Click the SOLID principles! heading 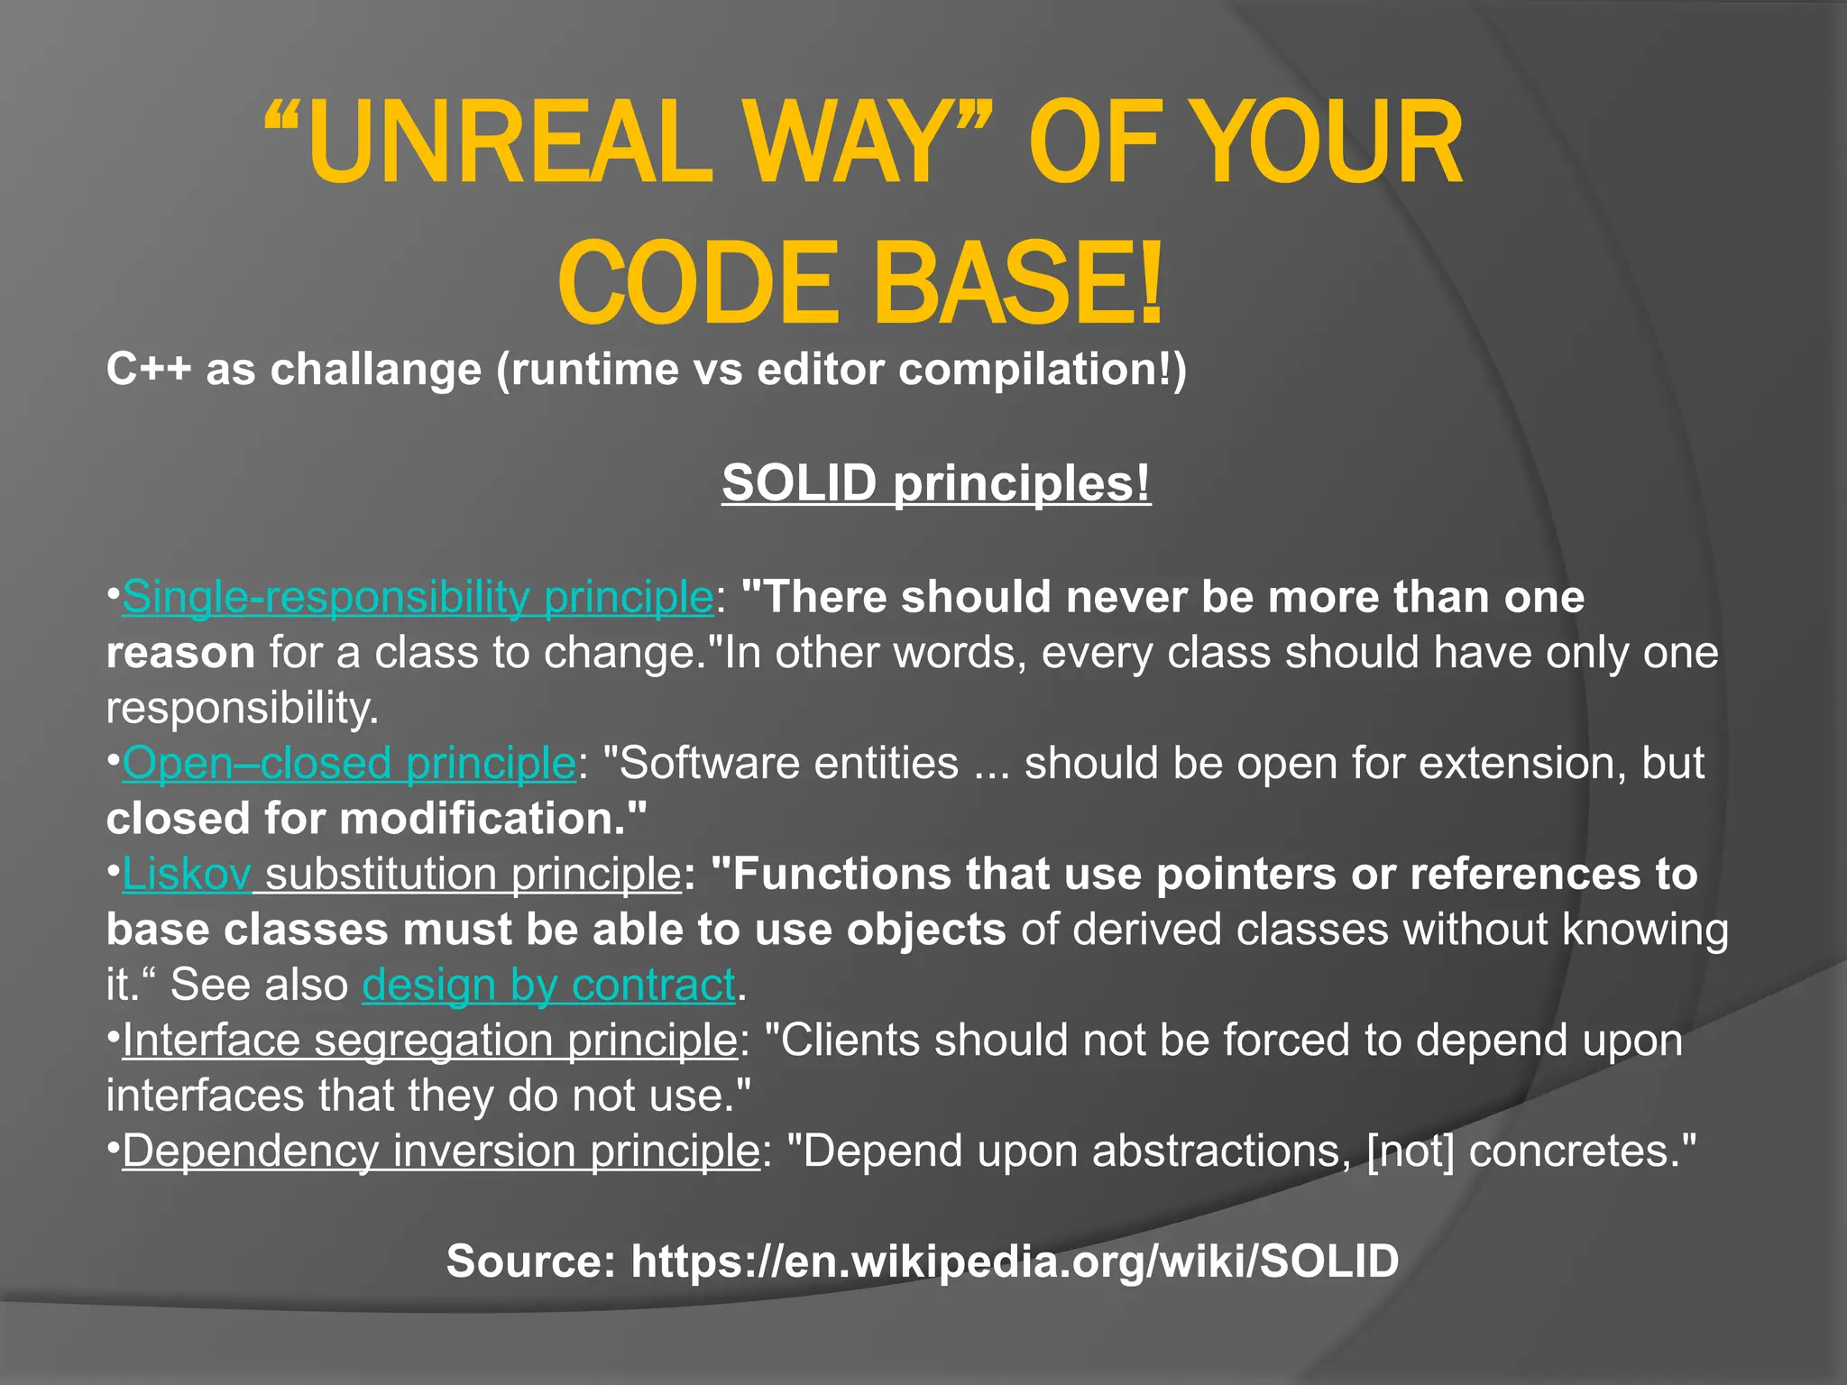(x=936, y=483)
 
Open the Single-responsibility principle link (x=418, y=598)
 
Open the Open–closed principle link (x=349, y=764)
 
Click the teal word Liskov (x=187, y=875)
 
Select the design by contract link (x=548, y=985)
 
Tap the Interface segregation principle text (x=430, y=1041)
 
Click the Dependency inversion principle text (x=441, y=1151)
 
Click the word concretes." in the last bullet (x=1583, y=1151)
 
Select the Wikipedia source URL (x=1015, y=1261)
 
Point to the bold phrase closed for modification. (x=377, y=819)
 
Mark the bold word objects (x=926, y=930)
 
